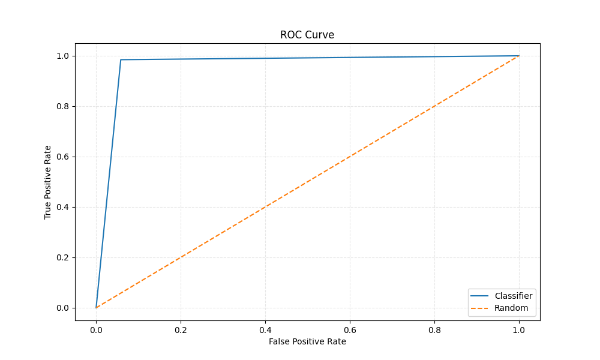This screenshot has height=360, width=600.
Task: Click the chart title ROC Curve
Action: pos(307,35)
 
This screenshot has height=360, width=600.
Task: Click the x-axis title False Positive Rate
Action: pos(307,341)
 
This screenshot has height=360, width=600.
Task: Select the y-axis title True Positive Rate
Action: pos(48,182)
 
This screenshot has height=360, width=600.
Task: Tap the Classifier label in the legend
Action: pos(513,296)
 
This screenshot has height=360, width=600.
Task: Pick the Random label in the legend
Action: pos(511,308)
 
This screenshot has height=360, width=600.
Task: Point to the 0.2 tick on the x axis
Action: pos(181,329)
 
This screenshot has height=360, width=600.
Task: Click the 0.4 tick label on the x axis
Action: pos(265,329)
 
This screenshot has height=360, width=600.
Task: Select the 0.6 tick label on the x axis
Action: pos(350,329)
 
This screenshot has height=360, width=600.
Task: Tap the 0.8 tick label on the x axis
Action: pos(434,329)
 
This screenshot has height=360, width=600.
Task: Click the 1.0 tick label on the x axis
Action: pos(519,329)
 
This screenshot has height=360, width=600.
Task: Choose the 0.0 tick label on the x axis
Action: pos(96,329)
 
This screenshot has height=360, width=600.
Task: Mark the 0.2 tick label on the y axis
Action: pos(62,257)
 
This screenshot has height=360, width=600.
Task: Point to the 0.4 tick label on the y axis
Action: pos(62,207)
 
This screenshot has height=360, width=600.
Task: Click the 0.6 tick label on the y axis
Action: pos(62,157)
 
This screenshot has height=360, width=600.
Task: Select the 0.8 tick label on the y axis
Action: pos(62,106)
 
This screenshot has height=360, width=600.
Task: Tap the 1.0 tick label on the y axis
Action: pos(62,56)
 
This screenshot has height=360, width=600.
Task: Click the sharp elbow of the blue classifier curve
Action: pos(121,59)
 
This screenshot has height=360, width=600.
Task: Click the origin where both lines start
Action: pos(96,308)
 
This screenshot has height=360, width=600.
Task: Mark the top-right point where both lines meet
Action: pos(519,56)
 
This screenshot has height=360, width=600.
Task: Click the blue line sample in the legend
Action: pos(480,296)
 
